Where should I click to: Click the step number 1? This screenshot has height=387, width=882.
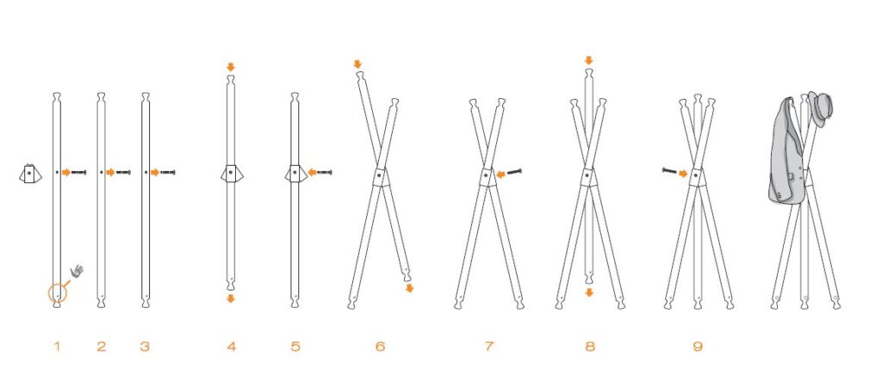tap(56, 347)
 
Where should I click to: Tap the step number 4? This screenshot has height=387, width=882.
tap(231, 347)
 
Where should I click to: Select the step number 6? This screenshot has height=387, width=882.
tap(380, 347)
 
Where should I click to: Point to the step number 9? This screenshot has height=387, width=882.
tap(698, 347)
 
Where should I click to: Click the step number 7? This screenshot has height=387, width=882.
tap(489, 347)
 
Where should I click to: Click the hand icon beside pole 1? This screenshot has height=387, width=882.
tap(77, 271)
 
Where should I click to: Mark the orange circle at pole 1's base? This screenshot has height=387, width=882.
tap(57, 292)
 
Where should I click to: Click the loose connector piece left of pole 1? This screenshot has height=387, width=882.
tap(30, 174)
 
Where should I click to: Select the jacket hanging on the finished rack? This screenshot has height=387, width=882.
tap(786, 151)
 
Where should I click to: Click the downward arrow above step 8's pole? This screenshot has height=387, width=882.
tap(589, 60)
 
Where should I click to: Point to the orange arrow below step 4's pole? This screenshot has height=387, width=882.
tap(231, 298)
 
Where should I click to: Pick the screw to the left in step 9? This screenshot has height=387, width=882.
tap(670, 170)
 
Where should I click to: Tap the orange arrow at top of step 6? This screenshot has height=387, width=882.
tap(357, 64)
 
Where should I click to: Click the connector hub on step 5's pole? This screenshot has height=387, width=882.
tap(295, 174)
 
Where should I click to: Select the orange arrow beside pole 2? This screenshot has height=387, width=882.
tap(111, 173)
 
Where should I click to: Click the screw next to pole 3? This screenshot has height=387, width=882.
tap(168, 173)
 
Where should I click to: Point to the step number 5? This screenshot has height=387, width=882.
tap(295, 347)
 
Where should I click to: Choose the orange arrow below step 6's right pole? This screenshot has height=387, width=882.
tap(409, 288)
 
